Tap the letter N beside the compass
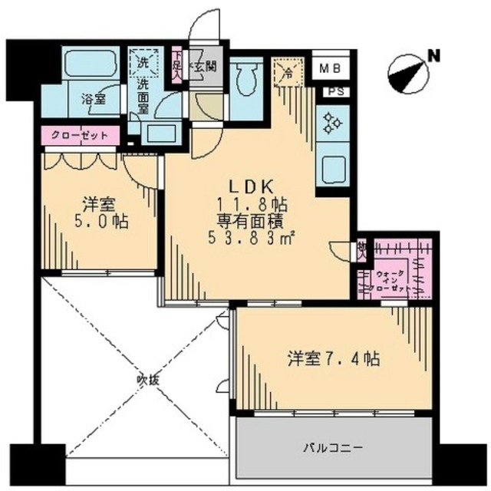click(x=433, y=55)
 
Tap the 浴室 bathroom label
click(x=94, y=99)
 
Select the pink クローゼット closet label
click(x=80, y=136)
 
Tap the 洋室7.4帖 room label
click(x=334, y=358)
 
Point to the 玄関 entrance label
click(x=205, y=66)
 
